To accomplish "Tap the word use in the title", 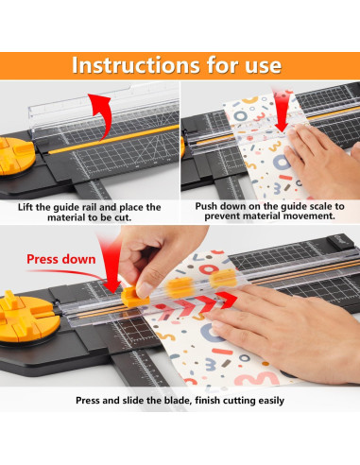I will coord(258,64).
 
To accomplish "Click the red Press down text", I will coord(60,257).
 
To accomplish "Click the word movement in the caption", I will coord(311,216).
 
